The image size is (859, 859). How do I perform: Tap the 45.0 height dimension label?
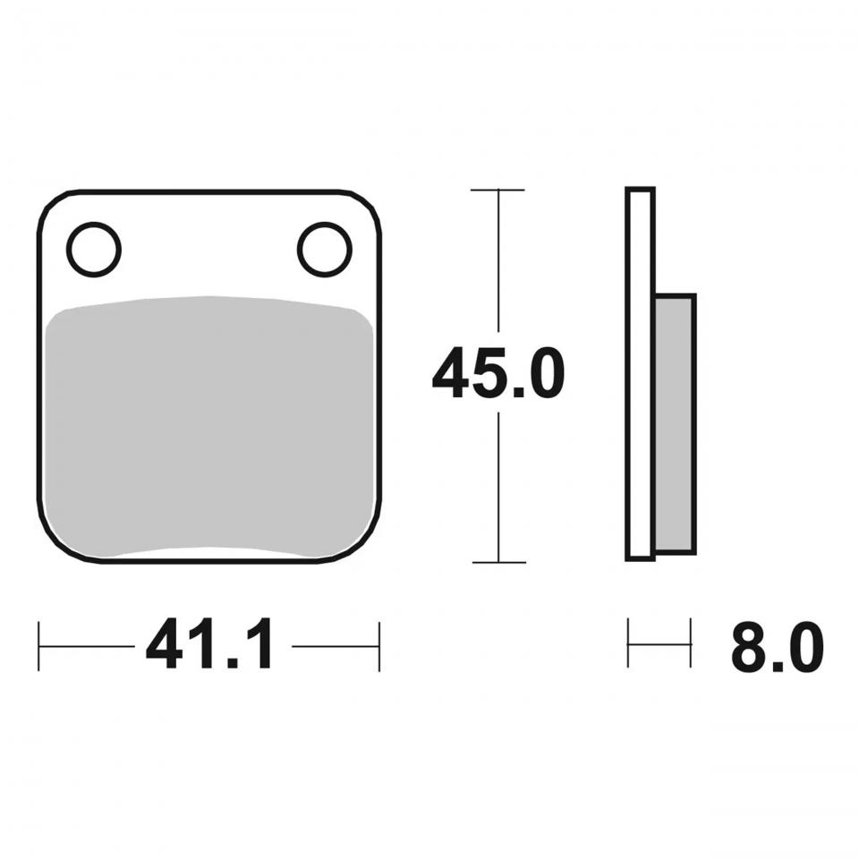point(498,372)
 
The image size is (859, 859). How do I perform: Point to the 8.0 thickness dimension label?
point(778,646)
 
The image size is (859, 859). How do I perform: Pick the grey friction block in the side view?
point(676,424)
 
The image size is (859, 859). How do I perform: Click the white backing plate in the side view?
point(641,374)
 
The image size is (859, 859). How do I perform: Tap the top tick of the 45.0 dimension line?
point(498,190)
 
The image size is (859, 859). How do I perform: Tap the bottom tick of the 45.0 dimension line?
point(498,562)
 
